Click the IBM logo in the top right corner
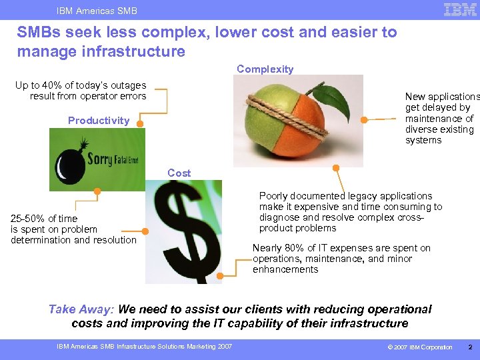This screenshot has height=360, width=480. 460,9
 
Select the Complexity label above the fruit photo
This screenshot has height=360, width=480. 265,69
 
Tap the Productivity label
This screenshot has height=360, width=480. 99,121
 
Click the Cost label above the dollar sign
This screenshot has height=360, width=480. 179,173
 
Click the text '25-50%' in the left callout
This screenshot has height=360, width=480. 27,219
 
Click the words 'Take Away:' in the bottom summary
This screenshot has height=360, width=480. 81,309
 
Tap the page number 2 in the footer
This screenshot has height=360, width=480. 470,347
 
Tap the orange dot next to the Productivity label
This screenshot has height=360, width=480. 141,121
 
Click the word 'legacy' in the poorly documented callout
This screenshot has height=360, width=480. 362,196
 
